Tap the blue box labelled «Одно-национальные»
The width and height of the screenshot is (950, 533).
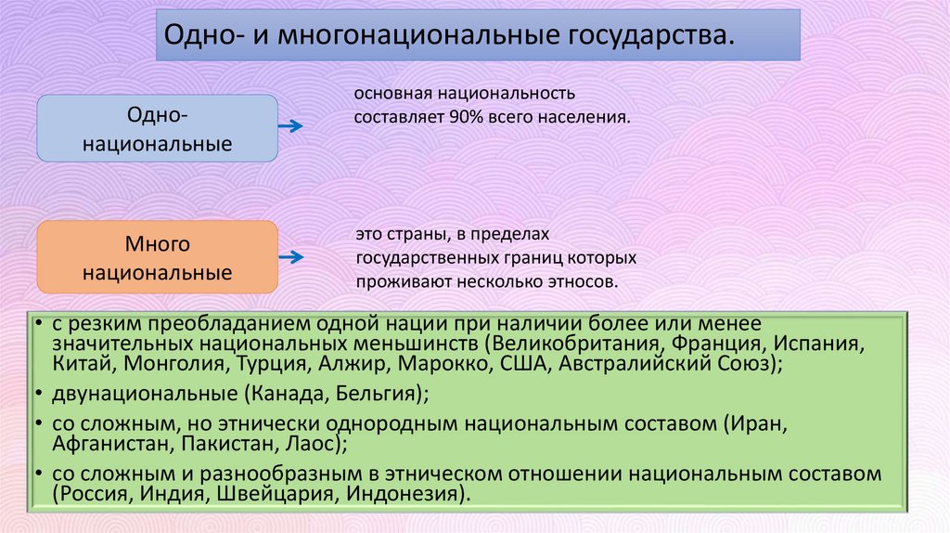tap(157, 128)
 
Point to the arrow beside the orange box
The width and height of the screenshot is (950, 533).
tap(290, 259)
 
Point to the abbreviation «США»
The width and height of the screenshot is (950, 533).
tap(525, 364)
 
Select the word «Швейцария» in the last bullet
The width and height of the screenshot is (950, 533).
tap(275, 493)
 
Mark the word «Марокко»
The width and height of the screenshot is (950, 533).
tap(452, 364)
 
